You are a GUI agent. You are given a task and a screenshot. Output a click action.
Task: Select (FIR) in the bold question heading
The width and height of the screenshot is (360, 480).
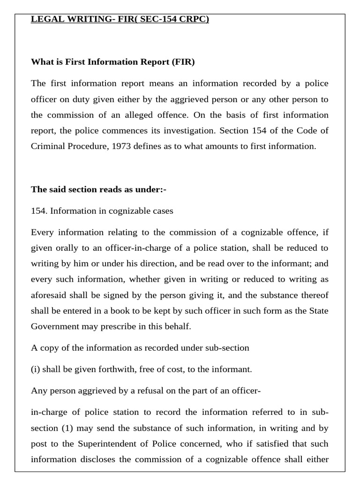pyautogui.click(x=183, y=62)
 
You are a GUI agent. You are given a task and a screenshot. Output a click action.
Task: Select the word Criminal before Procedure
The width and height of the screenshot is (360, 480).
pyautogui.click(x=48, y=146)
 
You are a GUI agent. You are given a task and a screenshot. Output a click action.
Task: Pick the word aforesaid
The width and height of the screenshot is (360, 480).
pyautogui.click(x=49, y=295)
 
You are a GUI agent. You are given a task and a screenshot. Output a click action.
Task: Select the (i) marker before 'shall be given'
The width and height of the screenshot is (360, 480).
pyautogui.click(x=35, y=369)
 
